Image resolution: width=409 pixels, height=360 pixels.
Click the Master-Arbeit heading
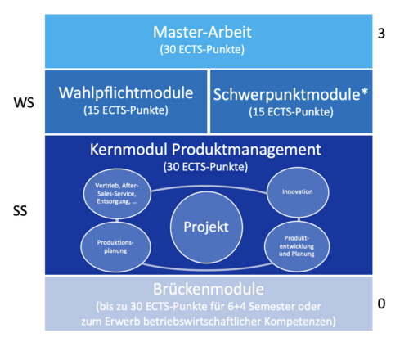point(202,32)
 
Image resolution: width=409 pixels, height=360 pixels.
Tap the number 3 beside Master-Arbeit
point(381,34)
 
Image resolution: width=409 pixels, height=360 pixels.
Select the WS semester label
point(24,103)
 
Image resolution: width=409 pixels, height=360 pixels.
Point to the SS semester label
point(20,211)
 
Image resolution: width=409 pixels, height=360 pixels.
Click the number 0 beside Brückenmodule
point(381,304)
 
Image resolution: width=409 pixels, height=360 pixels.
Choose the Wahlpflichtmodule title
point(126,92)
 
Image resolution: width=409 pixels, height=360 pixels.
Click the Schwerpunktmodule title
point(287,95)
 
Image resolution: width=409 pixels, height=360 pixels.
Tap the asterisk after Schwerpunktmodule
point(364,92)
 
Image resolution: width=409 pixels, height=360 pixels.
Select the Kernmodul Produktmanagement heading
point(205,150)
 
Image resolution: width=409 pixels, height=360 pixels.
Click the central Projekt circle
point(206,227)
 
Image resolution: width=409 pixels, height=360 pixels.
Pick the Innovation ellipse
point(298,192)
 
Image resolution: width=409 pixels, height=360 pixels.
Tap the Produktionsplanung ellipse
point(115,246)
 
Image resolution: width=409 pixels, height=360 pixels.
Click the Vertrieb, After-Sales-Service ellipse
point(117,193)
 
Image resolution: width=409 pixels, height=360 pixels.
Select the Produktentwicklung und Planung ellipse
point(297,246)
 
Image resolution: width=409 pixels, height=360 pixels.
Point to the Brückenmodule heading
point(209,289)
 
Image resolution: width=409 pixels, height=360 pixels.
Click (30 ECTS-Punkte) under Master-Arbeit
point(202,50)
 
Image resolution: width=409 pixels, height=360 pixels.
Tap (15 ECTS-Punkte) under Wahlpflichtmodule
point(126,110)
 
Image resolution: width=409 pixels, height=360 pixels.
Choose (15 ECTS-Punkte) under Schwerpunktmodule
point(291,112)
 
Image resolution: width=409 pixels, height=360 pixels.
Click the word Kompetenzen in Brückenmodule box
point(300,322)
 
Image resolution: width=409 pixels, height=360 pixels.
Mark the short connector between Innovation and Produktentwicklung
point(299,219)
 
